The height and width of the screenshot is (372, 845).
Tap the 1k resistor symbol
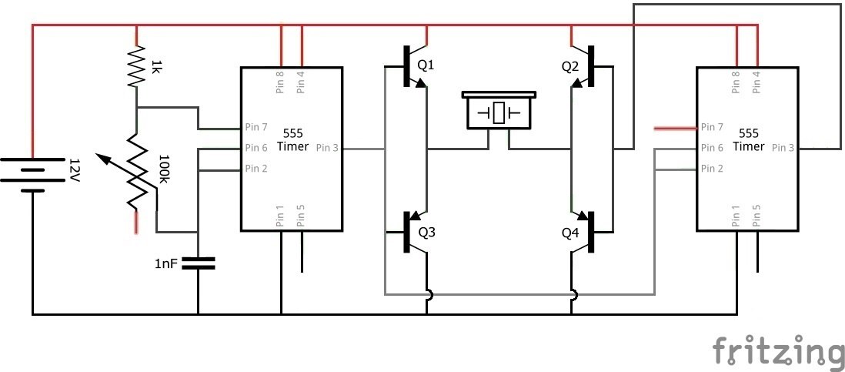click(137, 67)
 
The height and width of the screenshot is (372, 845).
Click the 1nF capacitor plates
click(198, 263)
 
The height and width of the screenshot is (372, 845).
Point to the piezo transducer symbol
click(499, 111)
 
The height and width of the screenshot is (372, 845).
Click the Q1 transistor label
click(426, 65)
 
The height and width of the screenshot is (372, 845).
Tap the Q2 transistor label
click(570, 67)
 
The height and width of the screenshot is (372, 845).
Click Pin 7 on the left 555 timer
click(256, 127)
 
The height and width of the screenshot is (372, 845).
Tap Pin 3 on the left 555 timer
click(327, 148)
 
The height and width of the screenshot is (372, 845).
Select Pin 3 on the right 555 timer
click(783, 148)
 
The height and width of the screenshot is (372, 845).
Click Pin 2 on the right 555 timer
click(712, 168)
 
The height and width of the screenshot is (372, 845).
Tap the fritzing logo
click(778, 350)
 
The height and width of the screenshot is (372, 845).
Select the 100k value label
click(165, 169)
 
